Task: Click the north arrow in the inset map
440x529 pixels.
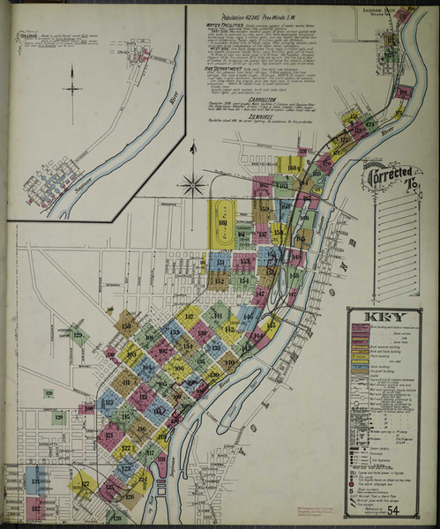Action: tap(71, 89)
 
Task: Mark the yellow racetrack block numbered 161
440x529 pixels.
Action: tap(222, 224)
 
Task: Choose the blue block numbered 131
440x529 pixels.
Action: tap(35, 481)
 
